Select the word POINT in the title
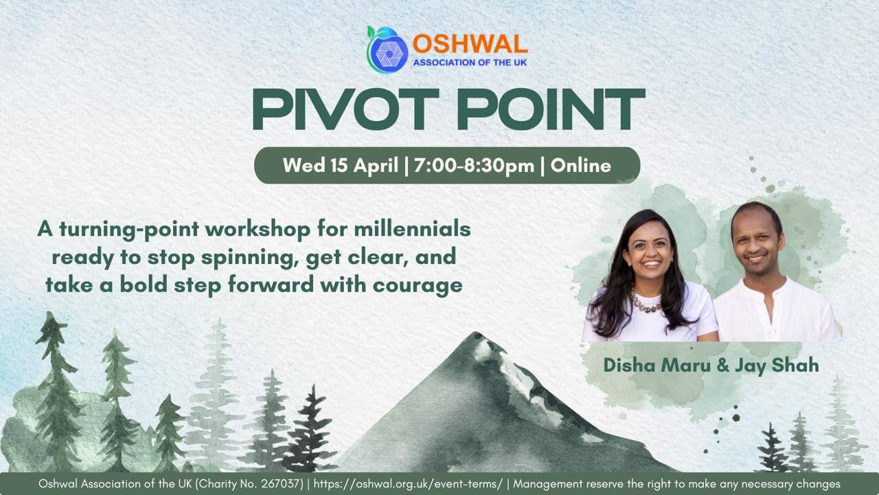click(x=551, y=109)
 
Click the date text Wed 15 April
click(x=340, y=166)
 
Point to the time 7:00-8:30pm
click(x=474, y=166)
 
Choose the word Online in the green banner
click(x=580, y=166)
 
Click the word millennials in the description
click(x=412, y=230)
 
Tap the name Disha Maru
click(x=657, y=365)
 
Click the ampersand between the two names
click(x=723, y=366)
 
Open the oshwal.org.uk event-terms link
click(x=408, y=484)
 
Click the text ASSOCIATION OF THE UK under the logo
click(x=470, y=63)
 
